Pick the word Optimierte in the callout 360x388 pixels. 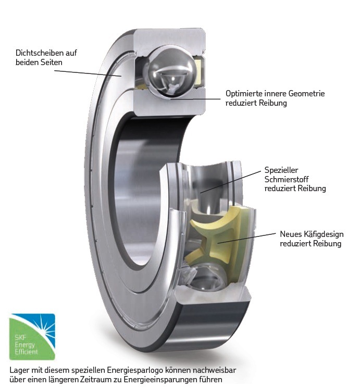click(243, 94)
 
